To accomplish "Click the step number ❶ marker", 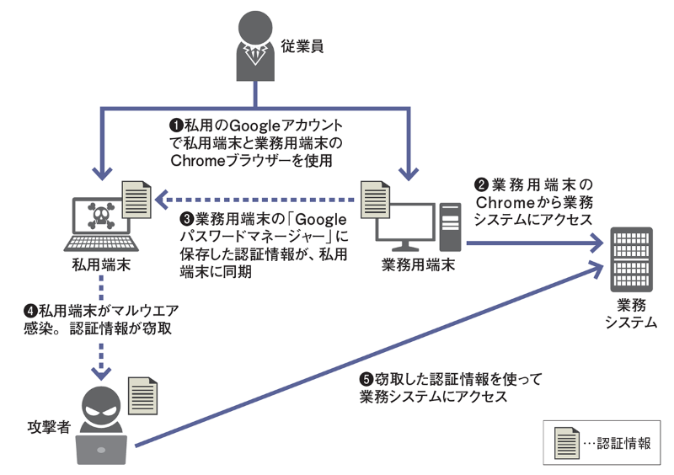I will (x=176, y=126).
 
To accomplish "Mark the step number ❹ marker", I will (x=31, y=310).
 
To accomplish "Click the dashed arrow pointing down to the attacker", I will (x=102, y=354).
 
